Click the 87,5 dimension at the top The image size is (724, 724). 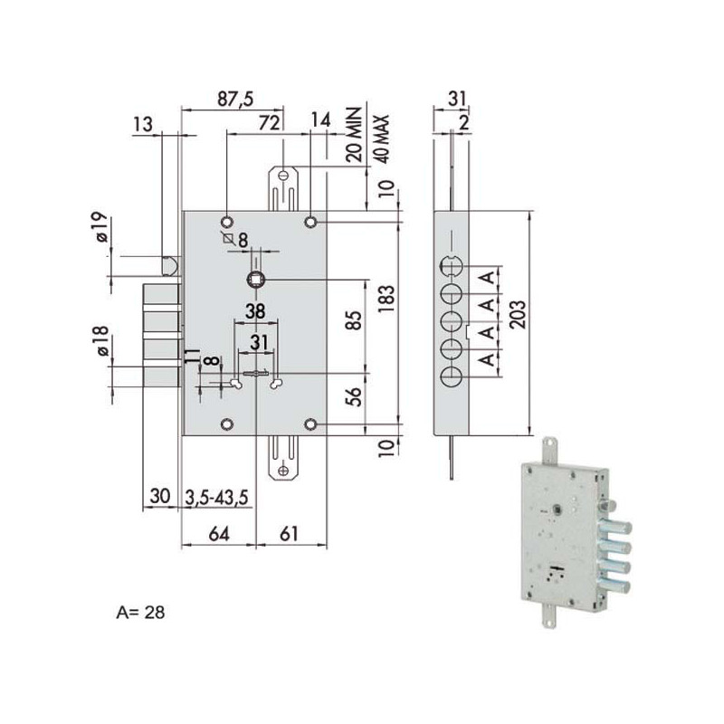pyautogui.click(x=235, y=99)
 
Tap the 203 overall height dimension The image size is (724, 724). pyautogui.click(x=518, y=315)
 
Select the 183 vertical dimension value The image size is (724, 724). pyautogui.click(x=386, y=299)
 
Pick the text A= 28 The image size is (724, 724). pyautogui.click(x=140, y=613)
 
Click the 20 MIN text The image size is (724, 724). pyautogui.click(x=354, y=134)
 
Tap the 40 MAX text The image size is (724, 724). pyautogui.click(x=383, y=138)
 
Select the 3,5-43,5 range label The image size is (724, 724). pyautogui.click(x=216, y=498)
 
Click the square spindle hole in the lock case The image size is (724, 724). pyautogui.click(x=255, y=280)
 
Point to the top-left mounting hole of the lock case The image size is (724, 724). pyautogui.click(x=227, y=222)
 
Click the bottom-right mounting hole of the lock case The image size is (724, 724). pyautogui.click(x=310, y=424)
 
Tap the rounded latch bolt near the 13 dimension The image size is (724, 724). pyautogui.click(x=169, y=266)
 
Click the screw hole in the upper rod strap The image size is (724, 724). pyautogui.click(x=283, y=176)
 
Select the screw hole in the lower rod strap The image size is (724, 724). pyautogui.click(x=283, y=471)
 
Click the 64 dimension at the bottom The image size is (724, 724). pyautogui.click(x=218, y=534)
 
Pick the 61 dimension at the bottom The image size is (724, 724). pyautogui.click(x=289, y=534)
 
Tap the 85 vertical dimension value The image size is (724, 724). pyautogui.click(x=354, y=319)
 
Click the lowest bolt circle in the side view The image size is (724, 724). pyautogui.click(x=451, y=377)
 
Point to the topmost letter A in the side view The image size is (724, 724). pyautogui.click(x=488, y=279)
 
